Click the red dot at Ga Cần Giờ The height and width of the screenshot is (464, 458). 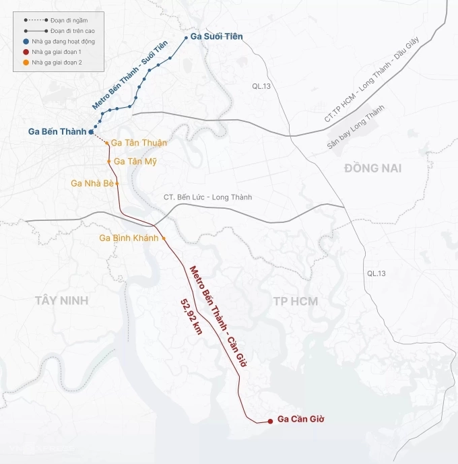click(x=270, y=421)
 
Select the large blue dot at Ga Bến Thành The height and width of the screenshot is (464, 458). click(x=91, y=132)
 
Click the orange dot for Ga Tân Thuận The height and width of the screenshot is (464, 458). click(x=106, y=143)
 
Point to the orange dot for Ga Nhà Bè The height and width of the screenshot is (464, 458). click(x=117, y=183)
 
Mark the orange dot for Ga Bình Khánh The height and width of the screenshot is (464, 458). click(x=163, y=238)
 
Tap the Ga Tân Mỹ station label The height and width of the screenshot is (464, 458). click(x=135, y=162)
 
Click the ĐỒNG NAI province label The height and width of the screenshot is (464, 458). click(x=372, y=168)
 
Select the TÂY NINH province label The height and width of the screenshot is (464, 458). click(x=62, y=300)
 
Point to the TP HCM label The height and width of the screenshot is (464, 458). click(x=296, y=300)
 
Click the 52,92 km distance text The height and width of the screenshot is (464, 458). click(x=191, y=321)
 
